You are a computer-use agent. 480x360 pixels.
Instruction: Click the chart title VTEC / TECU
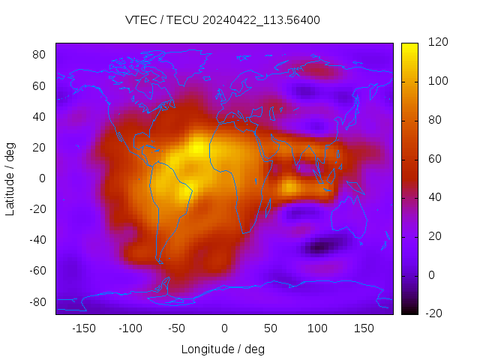(223, 20)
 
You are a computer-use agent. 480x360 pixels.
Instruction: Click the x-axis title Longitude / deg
(223, 349)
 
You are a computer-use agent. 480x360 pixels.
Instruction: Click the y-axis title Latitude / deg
(10, 178)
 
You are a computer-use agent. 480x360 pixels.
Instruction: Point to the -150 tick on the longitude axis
(83, 328)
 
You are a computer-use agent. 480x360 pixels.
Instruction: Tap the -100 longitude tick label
(130, 328)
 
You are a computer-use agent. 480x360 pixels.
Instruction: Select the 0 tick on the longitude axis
(223, 328)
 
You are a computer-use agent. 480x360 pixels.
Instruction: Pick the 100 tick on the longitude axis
(317, 328)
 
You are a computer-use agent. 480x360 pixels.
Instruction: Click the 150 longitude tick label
(364, 328)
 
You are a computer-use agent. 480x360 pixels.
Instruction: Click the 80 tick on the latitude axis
(39, 55)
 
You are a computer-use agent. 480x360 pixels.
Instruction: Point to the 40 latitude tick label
(39, 116)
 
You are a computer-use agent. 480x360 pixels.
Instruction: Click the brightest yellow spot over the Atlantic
(198, 148)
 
